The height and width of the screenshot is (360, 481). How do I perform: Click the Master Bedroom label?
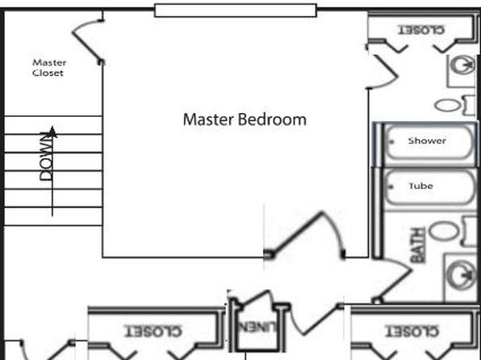click(245, 119)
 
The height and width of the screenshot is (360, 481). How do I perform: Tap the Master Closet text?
click(49, 68)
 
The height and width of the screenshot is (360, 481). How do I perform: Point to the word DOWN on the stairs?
click(46, 156)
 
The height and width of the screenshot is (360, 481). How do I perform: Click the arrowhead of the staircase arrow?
click(52, 132)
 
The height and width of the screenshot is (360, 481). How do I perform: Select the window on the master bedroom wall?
click(236, 10)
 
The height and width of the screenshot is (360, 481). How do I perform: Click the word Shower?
click(427, 140)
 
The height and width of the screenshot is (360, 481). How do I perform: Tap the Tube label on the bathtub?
click(421, 186)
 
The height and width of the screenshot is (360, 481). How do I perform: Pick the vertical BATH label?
click(418, 245)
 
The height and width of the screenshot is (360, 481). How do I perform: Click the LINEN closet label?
click(257, 327)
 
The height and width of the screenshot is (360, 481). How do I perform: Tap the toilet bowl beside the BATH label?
click(444, 231)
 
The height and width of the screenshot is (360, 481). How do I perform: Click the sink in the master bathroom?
click(463, 65)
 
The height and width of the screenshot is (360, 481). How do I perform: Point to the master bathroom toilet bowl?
click(448, 105)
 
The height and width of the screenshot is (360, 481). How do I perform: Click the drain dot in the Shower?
click(391, 141)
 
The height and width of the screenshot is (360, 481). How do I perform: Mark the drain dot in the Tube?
click(391, 186)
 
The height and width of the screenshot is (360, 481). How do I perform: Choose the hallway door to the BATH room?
click(393, 281)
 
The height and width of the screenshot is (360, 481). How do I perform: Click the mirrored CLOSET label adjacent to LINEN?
click(153, 331)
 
